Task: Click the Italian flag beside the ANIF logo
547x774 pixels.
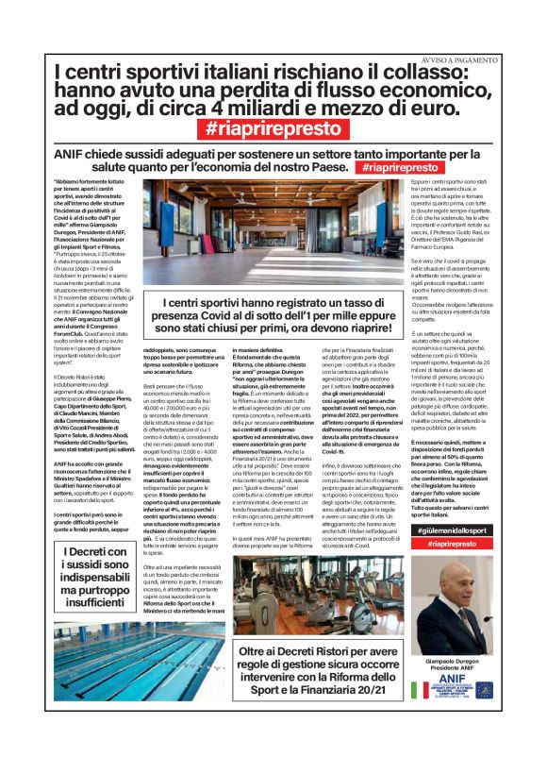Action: [419, 690]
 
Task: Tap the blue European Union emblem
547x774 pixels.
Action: [483, 690]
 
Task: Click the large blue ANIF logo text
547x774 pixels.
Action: [452, 678]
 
